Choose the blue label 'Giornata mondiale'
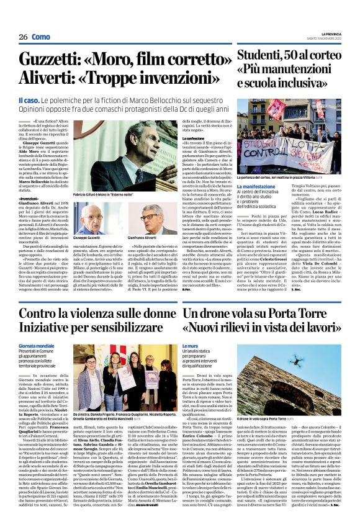[38, 345]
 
